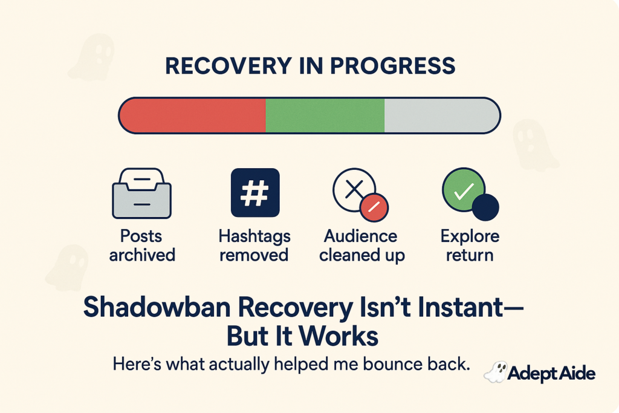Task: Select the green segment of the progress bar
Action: [325, 115]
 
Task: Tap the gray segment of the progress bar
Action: [440, 115]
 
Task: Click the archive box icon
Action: [141, 193]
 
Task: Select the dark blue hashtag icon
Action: [255, 192]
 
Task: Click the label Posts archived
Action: [142, 245]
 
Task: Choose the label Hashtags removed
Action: [254, 245]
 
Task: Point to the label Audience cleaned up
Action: [362, 245]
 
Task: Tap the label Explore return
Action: [470, 245]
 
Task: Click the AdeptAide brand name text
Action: [551, 374]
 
